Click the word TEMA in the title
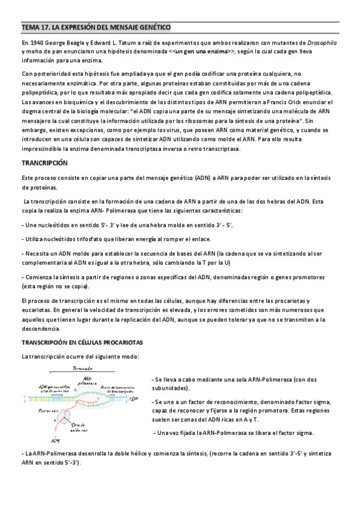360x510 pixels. coord(30,28)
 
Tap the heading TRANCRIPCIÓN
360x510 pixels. coord(45,163)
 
